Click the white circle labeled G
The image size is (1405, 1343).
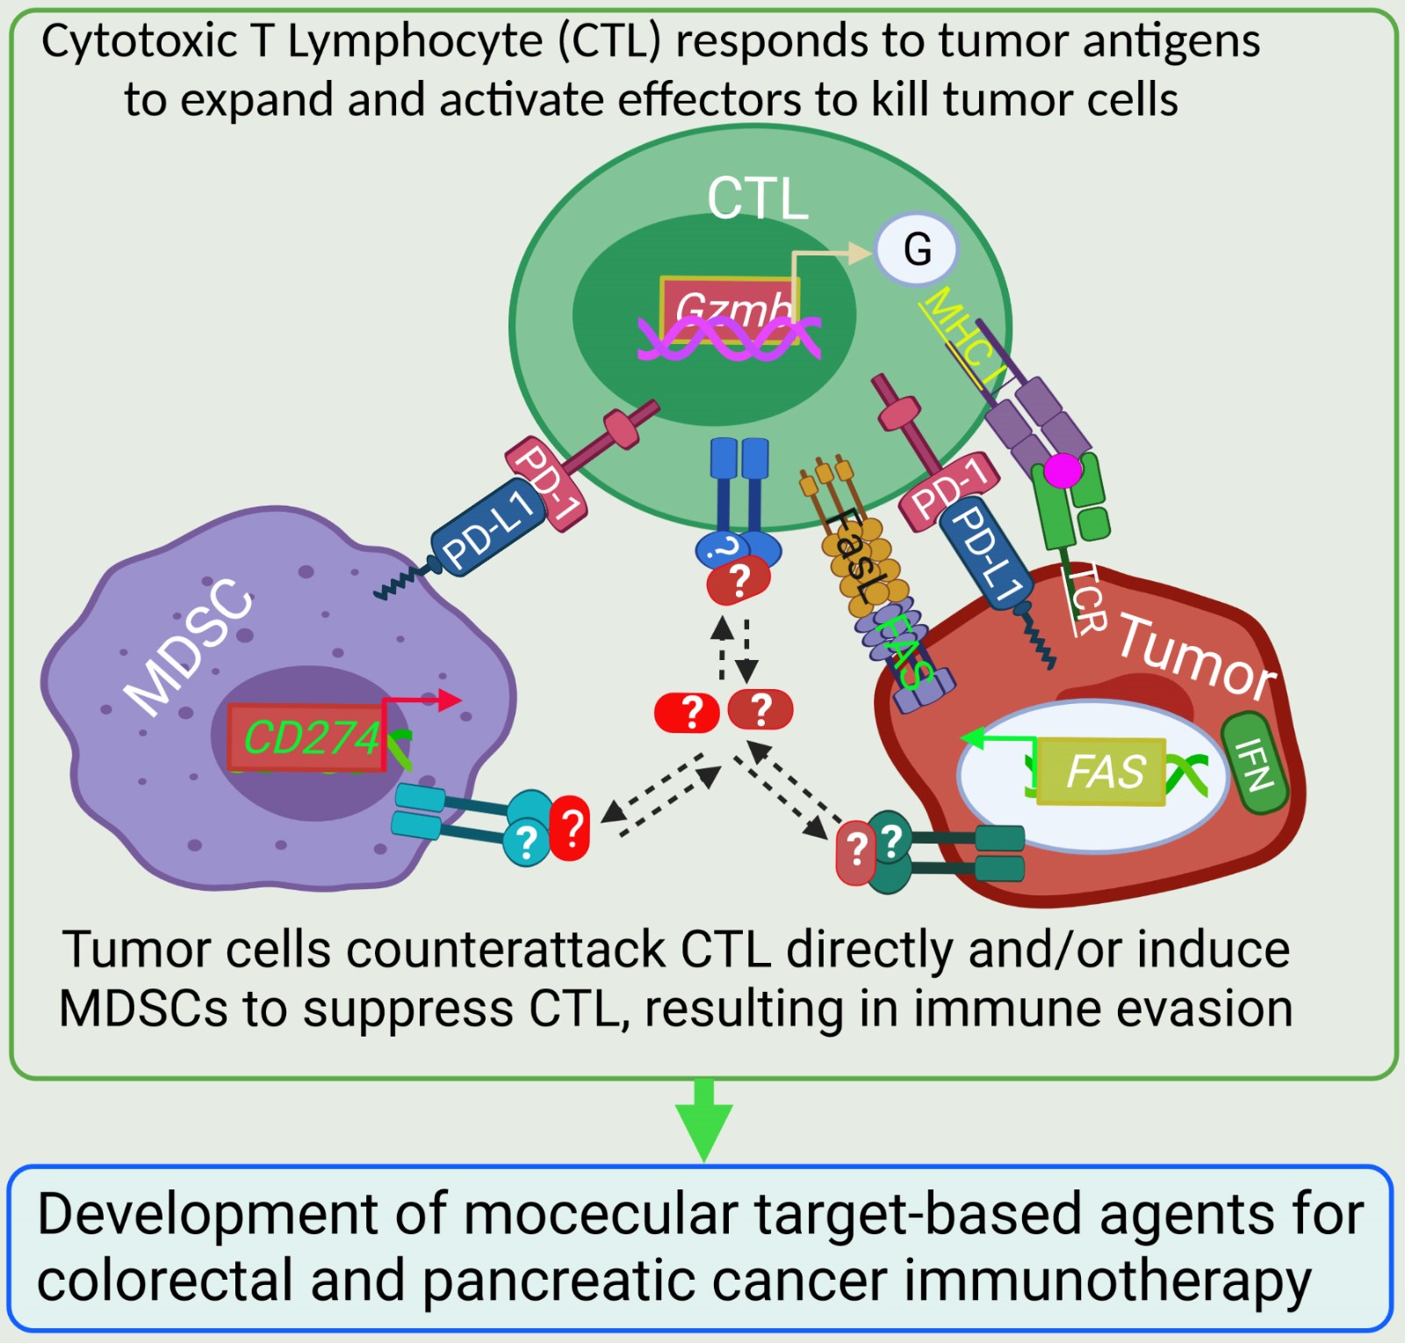pos(917,249)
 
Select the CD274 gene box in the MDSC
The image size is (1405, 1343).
pos(307,737)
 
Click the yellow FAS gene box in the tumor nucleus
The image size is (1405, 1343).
pos(1102,772)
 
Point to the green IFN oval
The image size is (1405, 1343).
pos(1254,764)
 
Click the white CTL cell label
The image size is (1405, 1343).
pos(757,198)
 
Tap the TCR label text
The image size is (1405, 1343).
pos(1084,599)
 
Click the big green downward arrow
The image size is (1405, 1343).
pos(704,1120)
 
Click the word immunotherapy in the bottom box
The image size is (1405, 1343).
pos(1106,1281)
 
